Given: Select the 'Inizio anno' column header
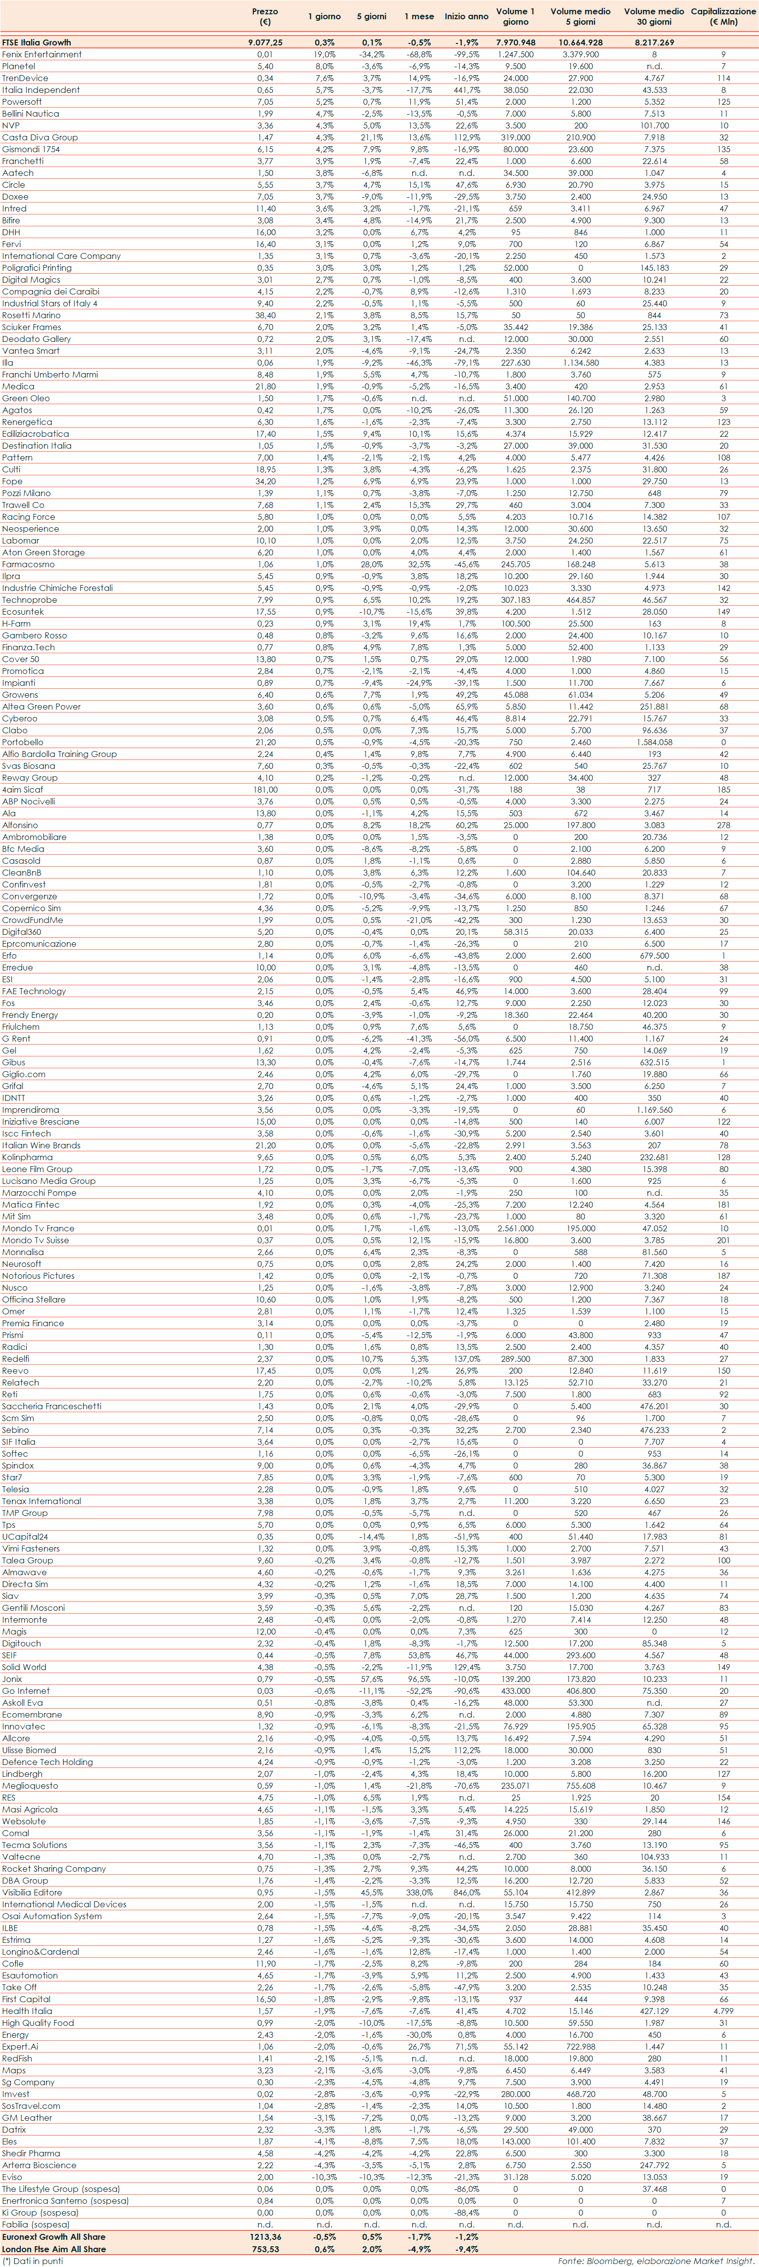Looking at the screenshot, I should pos(466,17).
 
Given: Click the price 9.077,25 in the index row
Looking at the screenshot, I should pos(265,42).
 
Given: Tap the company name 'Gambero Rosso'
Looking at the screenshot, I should pos(34,635).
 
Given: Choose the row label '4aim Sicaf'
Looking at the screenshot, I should pos(22,790).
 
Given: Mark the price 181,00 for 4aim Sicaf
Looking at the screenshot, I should pos(265,790).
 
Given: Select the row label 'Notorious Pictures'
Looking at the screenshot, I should pos(38,1275).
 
